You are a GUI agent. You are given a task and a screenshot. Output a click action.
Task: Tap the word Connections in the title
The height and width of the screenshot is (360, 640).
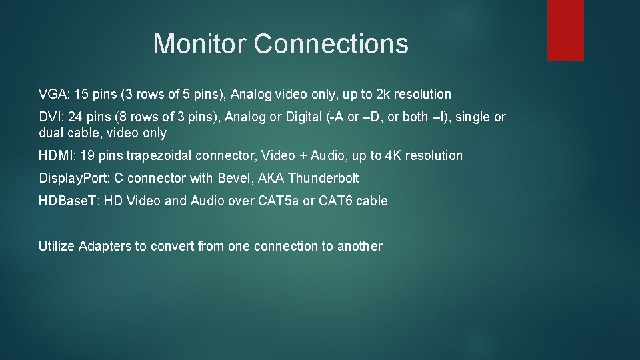331,44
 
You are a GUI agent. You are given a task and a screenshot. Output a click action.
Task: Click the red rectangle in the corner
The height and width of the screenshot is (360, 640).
565,30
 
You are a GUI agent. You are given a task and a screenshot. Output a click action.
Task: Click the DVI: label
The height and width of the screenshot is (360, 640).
51,117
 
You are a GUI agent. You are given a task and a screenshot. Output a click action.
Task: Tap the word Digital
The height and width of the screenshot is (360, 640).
287,117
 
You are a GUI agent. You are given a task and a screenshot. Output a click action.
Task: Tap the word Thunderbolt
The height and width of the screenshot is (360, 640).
323,178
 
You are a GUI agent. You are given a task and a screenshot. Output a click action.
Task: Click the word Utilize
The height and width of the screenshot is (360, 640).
57,246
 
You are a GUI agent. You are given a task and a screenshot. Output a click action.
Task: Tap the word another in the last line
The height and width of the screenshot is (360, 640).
360,246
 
